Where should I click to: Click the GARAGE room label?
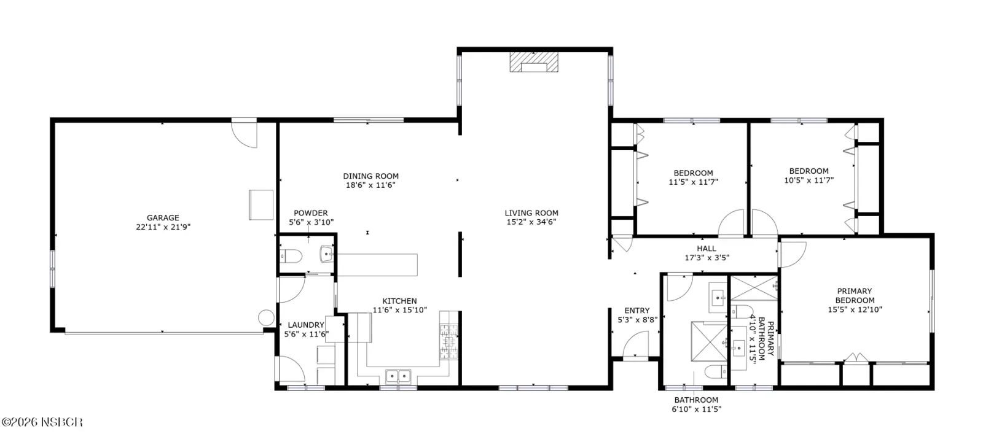(x=163, y=217)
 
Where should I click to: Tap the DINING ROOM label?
(x=371, y=176)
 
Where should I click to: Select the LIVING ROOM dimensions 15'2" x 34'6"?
(x=531, y=222)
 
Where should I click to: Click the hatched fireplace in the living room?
(x=534, y=62)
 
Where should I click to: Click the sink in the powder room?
(x=327, y=254)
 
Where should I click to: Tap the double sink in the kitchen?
(x=398, y=376)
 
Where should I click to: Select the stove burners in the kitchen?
(x=449, y=341)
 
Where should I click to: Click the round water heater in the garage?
(x=266, y=318)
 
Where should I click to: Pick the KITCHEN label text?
(x=399, y=301)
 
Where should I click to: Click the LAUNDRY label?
(x=306, y=325)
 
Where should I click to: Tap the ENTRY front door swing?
(x=636, y=344)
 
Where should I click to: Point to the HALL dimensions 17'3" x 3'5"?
(x=707, y=258)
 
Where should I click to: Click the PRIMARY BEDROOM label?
(x=855, y=295)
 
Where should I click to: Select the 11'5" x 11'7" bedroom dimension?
(x=694, y=182)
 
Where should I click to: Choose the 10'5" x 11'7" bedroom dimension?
(x=809, y=180)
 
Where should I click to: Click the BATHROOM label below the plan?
(x=696, y=400)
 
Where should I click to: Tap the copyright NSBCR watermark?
(x=42, y=422)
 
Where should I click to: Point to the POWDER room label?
(x=311, y=213)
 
